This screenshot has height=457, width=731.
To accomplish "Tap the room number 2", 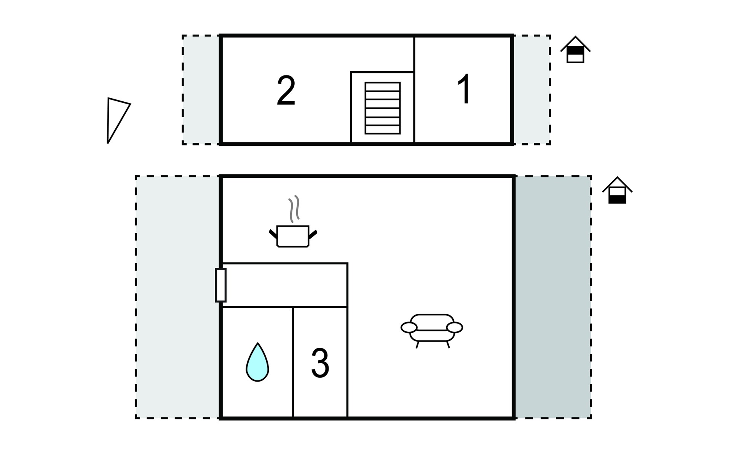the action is [x=286, y=91].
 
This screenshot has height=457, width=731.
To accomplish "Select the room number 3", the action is [x=320, y=363].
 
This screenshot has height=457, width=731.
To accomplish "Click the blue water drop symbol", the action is [x=257, y=362].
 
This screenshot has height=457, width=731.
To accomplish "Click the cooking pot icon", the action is [x=293, y=236].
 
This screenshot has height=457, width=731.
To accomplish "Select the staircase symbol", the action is [x=383, y=108].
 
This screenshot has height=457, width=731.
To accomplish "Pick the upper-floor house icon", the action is [x=575, y=50].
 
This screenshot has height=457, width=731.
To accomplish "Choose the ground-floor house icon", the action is [x=617, y=190].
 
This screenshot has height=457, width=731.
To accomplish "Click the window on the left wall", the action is [x=221, y=285].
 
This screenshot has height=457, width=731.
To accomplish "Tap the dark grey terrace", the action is [x=553, y=297].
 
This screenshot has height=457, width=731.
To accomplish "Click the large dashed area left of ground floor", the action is [x=177, y=297].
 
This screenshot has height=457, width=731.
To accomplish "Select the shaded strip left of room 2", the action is [x=201, y=90].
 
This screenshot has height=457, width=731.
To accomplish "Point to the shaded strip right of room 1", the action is [x=532, y=90].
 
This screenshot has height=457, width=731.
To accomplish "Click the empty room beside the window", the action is [x=284, y=285].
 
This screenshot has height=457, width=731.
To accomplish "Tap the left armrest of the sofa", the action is [x=409, y=327].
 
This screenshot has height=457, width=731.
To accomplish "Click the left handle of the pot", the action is [x=273, y=233].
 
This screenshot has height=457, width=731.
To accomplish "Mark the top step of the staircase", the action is [x=383, y=86].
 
